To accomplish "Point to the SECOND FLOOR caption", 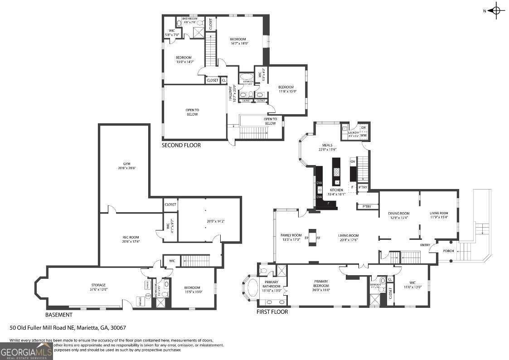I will coord(181,146).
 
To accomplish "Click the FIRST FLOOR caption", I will coord(272,312).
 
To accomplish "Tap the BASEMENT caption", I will coord(58,315).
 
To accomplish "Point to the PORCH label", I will coord(448,251).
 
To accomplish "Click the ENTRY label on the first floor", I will coord(425,245).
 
